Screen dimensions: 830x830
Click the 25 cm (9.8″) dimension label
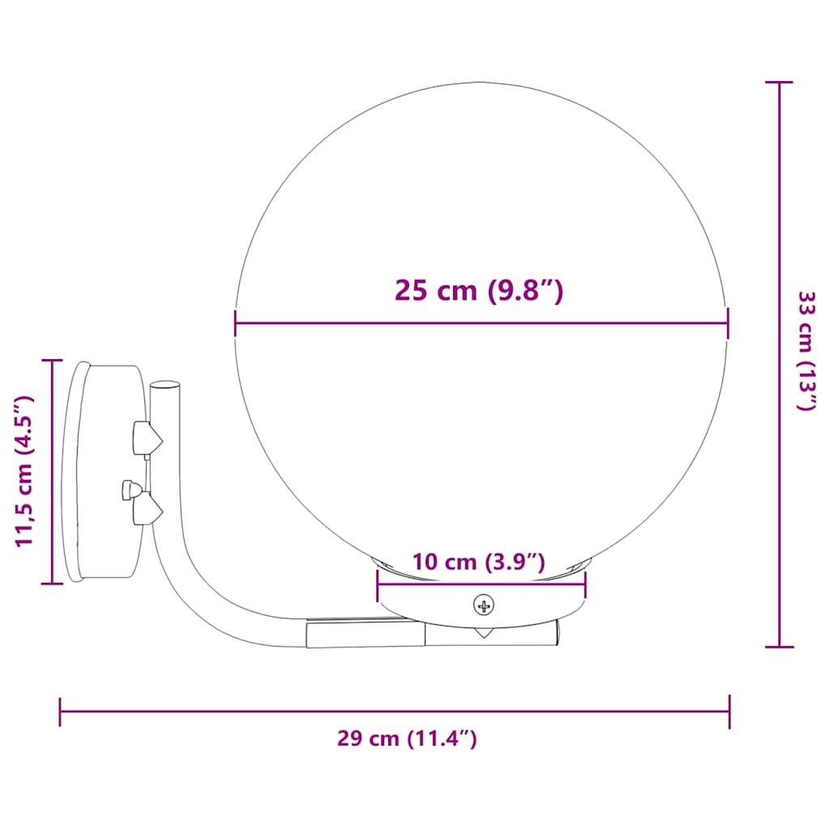point(478,290)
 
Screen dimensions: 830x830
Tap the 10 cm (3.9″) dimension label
point(478,562)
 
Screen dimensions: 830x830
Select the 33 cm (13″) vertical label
point(806,351)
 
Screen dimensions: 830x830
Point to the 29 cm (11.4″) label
point(407,738)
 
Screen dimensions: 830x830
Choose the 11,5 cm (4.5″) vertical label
point(25,471)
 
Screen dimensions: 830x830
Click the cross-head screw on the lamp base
point(484,605)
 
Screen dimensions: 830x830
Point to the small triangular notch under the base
point(483,632)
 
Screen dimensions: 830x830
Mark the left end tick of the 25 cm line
point(235,323)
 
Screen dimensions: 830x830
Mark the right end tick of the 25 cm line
point(728,323)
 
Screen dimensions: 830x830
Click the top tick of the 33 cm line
point(780,82)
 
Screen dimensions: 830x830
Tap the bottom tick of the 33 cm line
point(780,646)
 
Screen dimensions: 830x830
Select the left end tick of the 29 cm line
point(60,712)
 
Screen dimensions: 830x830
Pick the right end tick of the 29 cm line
point(729,712)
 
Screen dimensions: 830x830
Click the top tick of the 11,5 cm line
point(53,360)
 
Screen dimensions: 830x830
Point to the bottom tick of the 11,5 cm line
point(53,583)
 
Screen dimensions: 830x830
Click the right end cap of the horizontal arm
point(558,632)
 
